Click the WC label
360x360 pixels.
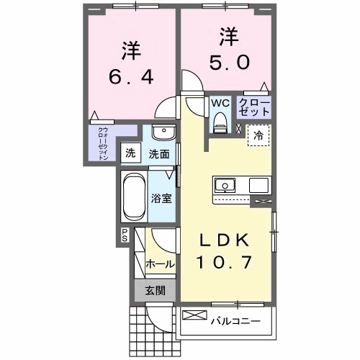pos(220,102)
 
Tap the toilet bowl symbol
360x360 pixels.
pos(220,123)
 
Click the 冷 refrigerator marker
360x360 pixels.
pos(257,134)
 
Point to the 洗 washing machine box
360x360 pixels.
pos(130,153)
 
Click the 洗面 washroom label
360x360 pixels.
pos(159,153)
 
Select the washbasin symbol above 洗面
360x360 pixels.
pos(163,134)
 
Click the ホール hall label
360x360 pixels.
pos(160,264)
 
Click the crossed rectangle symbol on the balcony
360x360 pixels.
pos(194,315)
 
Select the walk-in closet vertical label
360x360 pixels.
pos(102,142)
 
